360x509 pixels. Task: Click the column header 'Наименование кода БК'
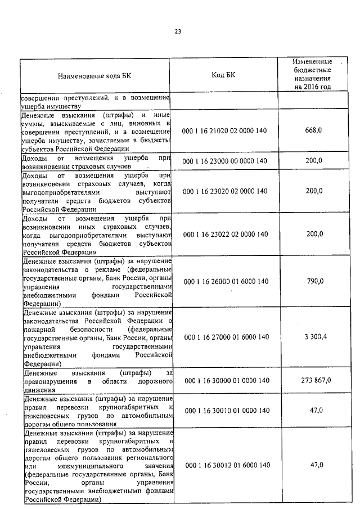(x=96, y=75)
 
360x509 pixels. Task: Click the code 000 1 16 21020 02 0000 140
(x=225, y=131)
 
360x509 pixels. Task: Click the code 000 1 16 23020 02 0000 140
(x=225, y=191)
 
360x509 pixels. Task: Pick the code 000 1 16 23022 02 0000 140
(x=225, y=234)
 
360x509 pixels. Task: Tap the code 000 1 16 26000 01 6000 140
(x=225, y=281)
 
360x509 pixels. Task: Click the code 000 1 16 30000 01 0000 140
(x=225, y=381)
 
